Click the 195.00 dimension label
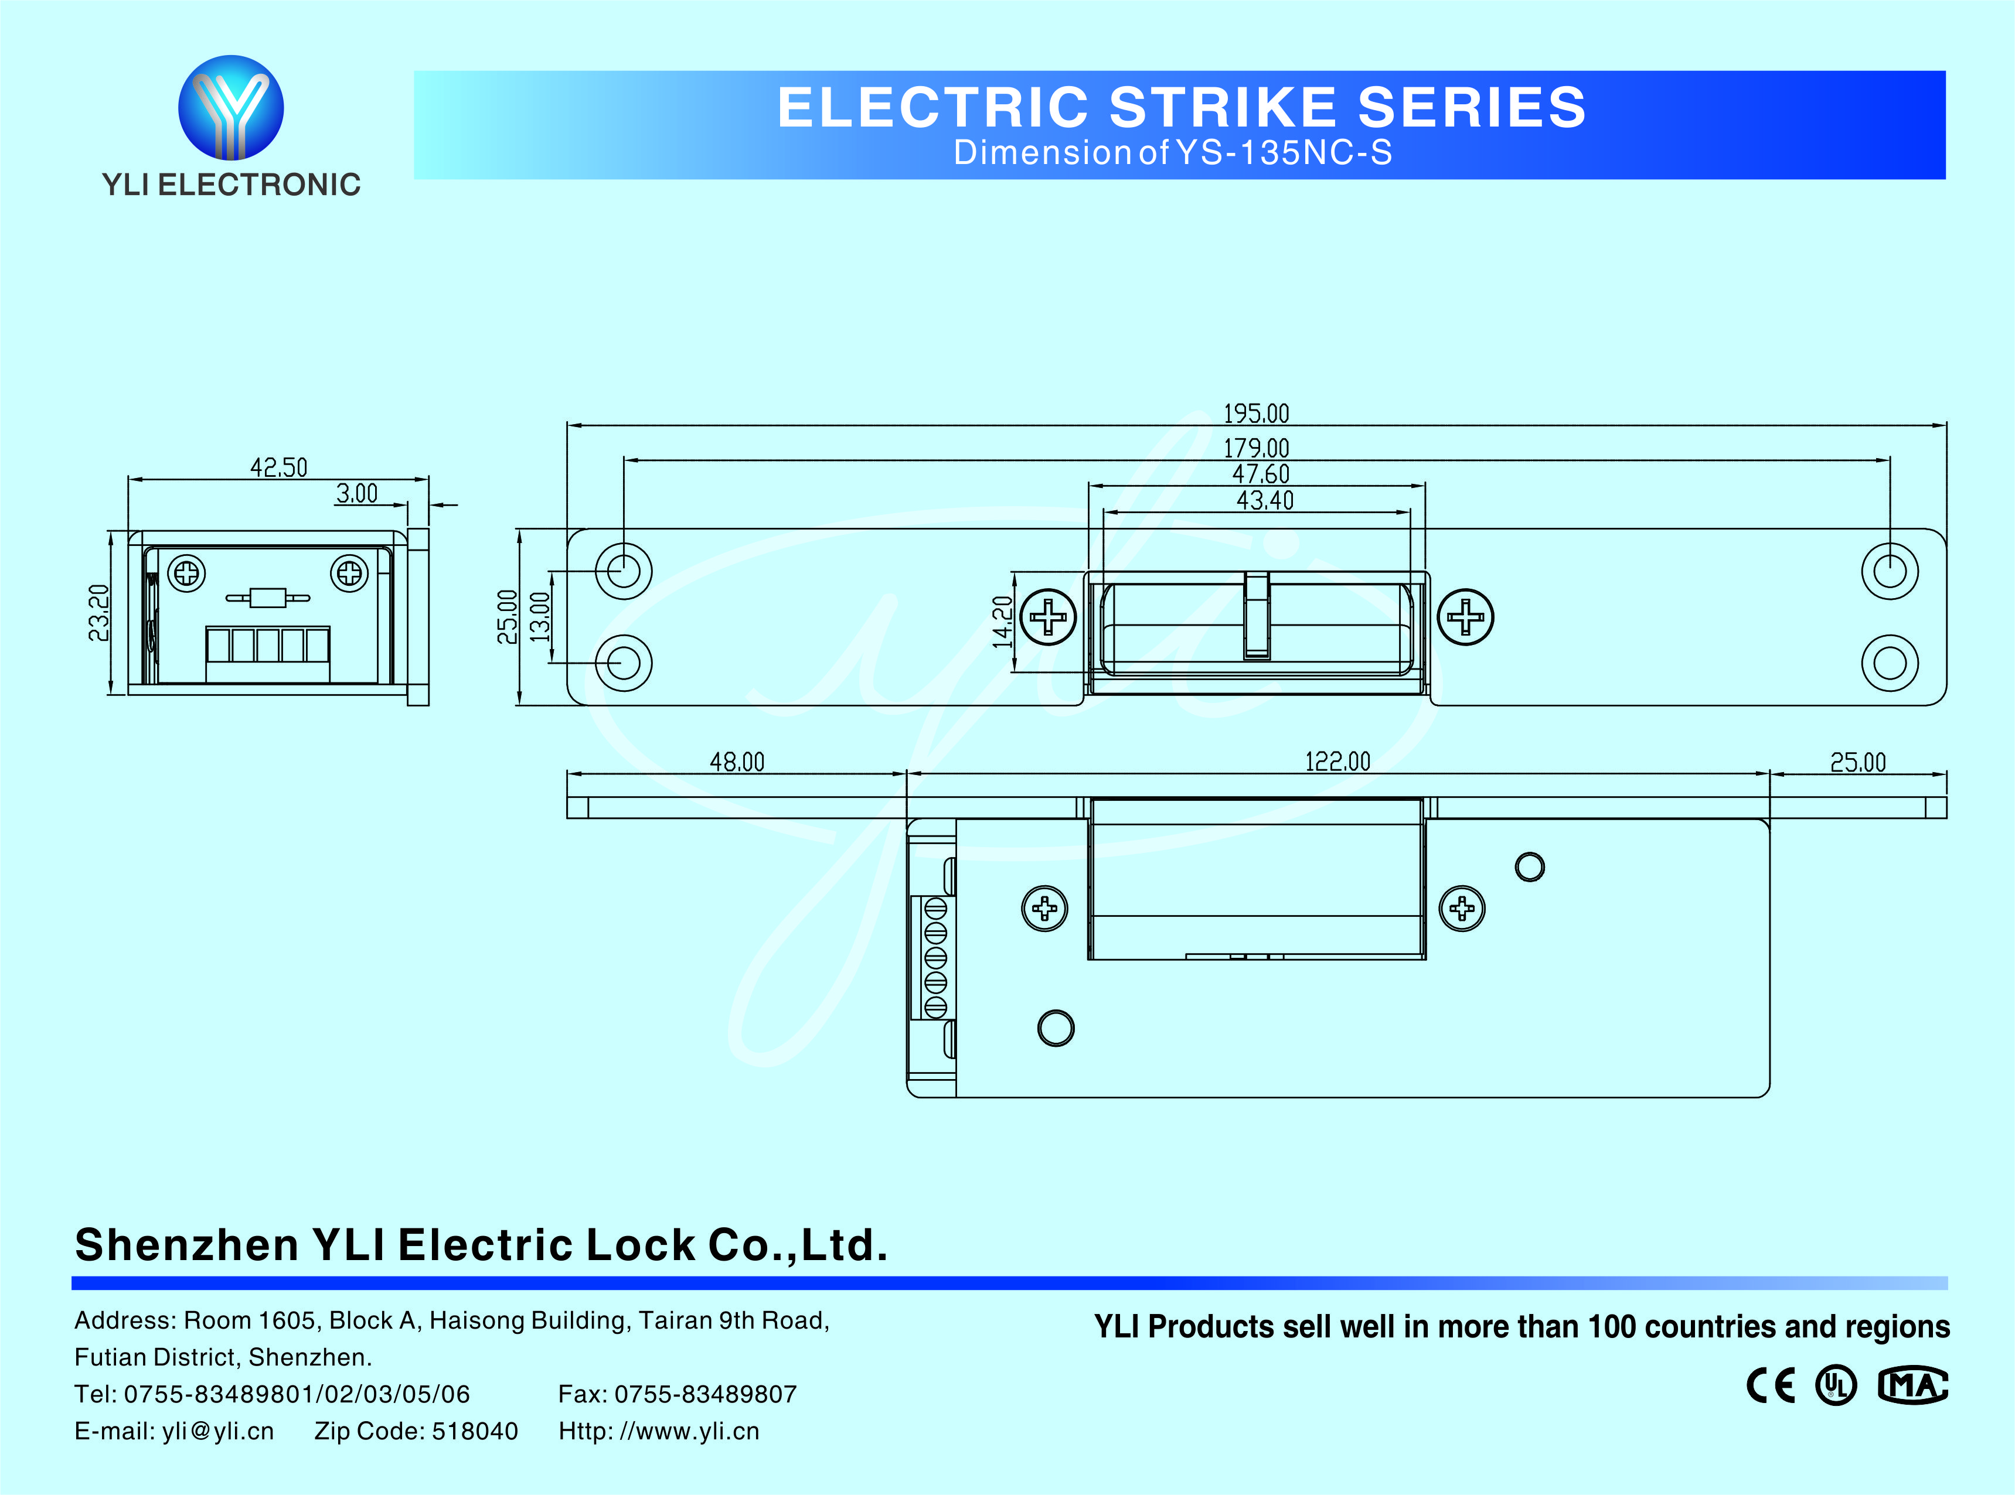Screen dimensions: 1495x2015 [x=1255, y=414]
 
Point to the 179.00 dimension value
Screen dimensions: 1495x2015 [x=1255, y=448]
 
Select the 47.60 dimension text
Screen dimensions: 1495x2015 [x=1260, y=474]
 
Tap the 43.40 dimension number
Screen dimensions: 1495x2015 [x=1265, y=500]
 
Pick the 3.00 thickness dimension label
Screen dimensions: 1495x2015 [x=357, y=493]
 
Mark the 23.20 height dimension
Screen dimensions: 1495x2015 [x=98, y=613]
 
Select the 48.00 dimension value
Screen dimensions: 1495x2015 [x=737, y=762]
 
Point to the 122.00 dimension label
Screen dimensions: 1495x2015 [x=1337, y=762]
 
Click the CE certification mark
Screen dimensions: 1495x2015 [x=1769, y=1385]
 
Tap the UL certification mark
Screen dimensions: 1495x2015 [x=1836, y=1385]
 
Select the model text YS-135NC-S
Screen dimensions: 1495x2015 [x=1284, y=153]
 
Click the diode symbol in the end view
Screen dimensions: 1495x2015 [x=268, y=598]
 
